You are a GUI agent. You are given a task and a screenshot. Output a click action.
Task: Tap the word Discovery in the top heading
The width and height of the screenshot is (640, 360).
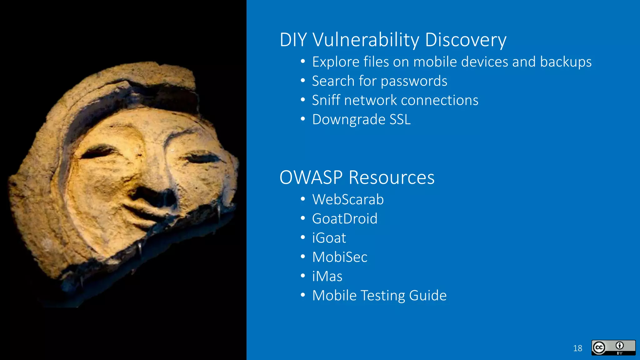pyautogui.click(x=465, y=40)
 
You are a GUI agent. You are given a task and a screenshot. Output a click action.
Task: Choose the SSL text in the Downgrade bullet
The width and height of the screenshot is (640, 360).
pyautogui.click(x=400, y=119)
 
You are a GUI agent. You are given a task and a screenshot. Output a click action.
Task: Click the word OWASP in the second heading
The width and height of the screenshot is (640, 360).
pyautogui.click(x=311, y=177)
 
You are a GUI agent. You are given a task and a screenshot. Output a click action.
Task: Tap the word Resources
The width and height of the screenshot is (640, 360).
pyautogui.click(x=391, y=177)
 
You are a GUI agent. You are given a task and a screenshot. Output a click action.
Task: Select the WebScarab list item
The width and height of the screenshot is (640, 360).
pyautogui.click(x=348, y=199)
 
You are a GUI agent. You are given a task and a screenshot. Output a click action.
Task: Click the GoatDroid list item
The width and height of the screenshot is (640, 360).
pyautogui.click(x=345, y=219)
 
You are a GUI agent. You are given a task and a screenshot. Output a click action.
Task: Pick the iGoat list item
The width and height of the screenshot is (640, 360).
pyautogui.click(x=329, y=238)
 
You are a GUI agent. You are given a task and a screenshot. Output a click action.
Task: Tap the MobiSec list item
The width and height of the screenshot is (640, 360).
pyautogui.click(x=340, y=257)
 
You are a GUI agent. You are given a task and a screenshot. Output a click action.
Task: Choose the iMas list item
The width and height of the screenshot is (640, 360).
pyautogui.click(x=327, y=276)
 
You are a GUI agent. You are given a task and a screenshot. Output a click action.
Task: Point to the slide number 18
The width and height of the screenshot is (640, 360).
pyautogui.click(x=577, y=348)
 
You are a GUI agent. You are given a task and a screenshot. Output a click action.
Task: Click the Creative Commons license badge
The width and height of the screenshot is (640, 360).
pyautogui.click(x=613, y=347)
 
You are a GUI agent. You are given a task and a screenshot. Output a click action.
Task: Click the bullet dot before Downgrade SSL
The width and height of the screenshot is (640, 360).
pyautogui.click(x=302, y=119)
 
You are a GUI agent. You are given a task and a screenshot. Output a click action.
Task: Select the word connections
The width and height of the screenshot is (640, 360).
pyautogui.click(x=439, y=100)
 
